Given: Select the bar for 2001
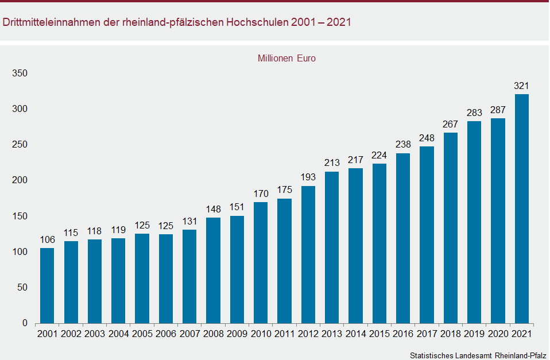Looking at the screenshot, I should coord(47,285).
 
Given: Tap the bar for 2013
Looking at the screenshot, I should coord(332,247).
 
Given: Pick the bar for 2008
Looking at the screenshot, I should coord(213,270).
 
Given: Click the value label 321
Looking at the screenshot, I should coord(521,86).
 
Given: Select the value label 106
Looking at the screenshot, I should coord(47,240).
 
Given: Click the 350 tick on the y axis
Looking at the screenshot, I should coord(21,73).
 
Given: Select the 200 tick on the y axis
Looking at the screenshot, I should coord(21,180).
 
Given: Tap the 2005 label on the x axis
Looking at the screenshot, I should coord(142,334).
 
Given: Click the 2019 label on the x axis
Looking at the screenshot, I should coord(474,334).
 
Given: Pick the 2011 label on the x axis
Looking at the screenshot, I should coord(284,334).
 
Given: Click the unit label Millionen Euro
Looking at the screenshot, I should coord(286,58).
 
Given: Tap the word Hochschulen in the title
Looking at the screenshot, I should coord(258,23).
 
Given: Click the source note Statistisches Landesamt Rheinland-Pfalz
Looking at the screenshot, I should coord(478,355).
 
